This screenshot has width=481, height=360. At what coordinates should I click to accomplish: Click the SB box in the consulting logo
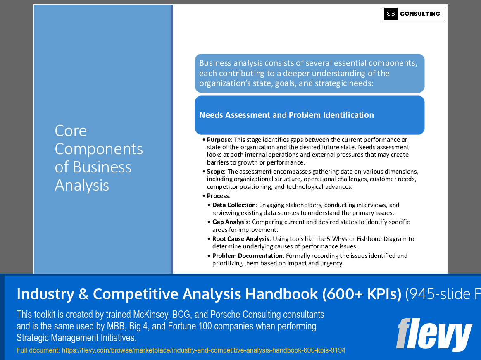pos(391,14)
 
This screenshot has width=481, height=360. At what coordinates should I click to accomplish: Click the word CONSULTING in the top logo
pos(420,14)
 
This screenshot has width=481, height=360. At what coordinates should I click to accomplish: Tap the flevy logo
pos(434,334)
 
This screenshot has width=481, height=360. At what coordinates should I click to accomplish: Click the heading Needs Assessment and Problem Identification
pos(286,115)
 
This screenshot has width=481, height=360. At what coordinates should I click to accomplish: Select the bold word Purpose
pos(219,140)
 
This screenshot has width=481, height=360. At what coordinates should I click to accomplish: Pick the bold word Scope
pos(216,172)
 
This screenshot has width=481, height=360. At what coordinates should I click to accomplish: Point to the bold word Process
pos(218,196)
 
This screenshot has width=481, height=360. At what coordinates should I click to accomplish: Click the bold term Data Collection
pos(234,205)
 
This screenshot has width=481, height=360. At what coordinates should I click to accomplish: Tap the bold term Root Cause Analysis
pos(241,239)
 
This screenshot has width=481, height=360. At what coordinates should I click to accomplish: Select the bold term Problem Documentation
pos(248,256)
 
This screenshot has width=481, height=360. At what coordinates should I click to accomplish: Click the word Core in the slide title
pos(71,131)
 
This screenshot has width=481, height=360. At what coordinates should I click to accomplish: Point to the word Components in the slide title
pos(99,149)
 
